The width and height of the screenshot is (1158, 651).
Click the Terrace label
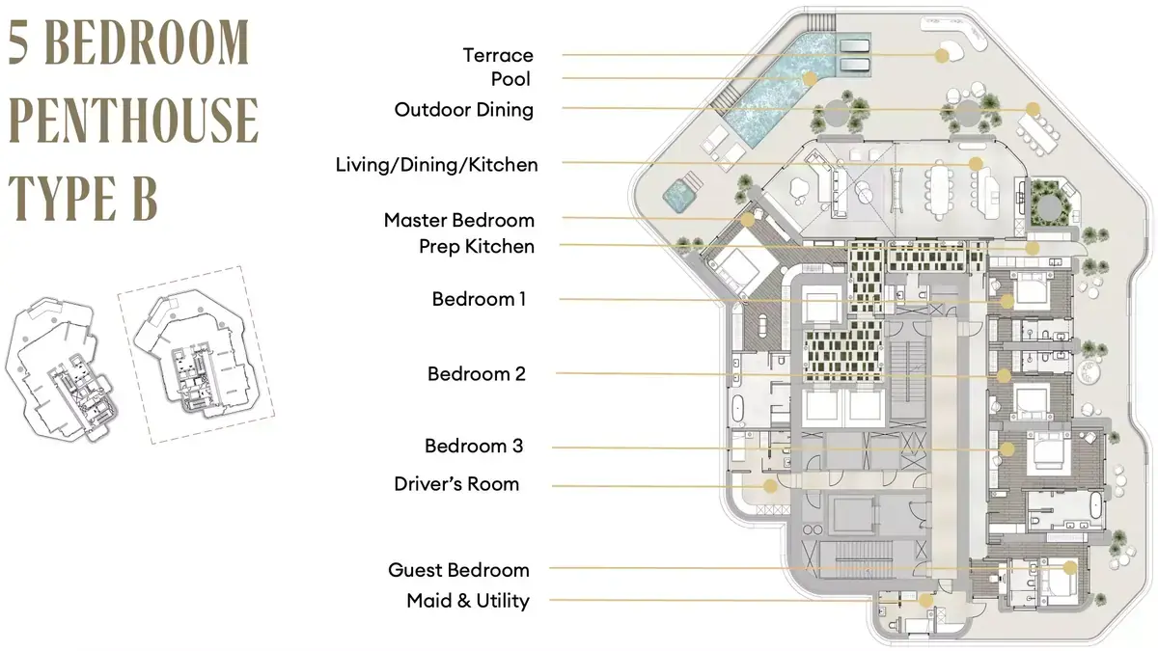point(498,55)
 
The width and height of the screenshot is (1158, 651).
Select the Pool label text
point(510,79)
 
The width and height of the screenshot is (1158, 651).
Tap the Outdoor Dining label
point(464,110)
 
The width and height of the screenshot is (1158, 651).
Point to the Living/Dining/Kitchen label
point(437,165)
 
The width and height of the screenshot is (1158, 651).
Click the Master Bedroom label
point(459,220)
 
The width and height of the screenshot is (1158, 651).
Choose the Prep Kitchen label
point(477,247)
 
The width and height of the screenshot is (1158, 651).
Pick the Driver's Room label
point(456,484)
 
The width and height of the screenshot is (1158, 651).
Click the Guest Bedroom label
point(459,570)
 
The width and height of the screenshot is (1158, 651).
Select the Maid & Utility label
point(468,601)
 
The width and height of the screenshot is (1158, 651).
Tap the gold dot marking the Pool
point(810,79)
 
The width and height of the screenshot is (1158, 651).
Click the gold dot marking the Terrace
point(942,56)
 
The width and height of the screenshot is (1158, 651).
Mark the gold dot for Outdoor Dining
point(1033,109)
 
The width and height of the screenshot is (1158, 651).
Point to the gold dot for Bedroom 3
point(1007,449)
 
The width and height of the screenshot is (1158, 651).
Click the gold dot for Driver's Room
point(770,486)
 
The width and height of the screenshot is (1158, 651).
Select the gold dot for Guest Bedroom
point(1070,568)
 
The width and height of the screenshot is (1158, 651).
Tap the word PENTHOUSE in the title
point(133,120)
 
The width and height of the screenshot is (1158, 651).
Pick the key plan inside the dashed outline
point(196,355)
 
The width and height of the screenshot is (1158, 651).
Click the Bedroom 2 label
point(476,374)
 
